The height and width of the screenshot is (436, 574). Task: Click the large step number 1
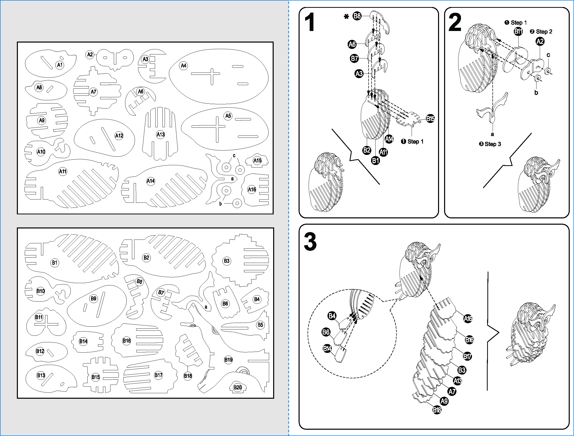coord(310,23)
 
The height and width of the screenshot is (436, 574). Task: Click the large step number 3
coord(310,242)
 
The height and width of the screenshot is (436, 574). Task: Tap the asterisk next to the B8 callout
coord(346,17)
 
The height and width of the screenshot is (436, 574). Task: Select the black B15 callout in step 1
coord(430,119)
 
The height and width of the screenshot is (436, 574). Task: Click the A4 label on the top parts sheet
coord(184,66)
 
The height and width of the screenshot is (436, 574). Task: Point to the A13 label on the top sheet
coord(160,135)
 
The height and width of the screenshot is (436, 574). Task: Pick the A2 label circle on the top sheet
coord(90,55)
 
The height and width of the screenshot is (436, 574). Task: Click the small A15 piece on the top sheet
coord(257,160)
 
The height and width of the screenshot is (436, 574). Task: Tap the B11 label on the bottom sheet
coord(39,317)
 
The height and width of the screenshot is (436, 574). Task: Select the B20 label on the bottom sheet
coord(237,388)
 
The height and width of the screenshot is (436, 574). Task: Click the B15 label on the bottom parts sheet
coord(95,377)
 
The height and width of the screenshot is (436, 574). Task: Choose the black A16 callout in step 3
coord(468,319)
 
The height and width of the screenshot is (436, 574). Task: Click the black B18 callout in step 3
coord(437,410)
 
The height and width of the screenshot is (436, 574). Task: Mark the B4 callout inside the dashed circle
coord(332,316)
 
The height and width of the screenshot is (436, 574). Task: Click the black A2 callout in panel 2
coord(540,41)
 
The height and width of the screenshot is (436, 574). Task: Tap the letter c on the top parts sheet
coord(234,155)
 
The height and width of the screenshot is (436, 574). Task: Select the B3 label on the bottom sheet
coord(227,261)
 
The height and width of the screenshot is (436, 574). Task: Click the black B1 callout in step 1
coord(375,160)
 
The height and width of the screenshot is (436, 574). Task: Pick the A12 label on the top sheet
coord(119,136)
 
